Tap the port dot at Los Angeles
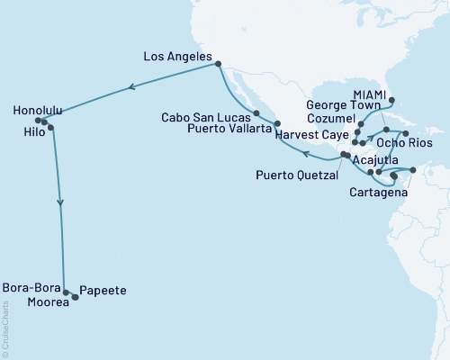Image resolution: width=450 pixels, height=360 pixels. [x=219, y=63]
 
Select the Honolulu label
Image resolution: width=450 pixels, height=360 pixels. [x=39, y=111]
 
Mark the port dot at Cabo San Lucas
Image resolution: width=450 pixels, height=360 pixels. [x=257, y=113]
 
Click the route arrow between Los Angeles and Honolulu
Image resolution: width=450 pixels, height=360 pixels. [x=132, y=87]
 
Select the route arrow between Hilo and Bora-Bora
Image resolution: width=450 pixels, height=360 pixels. [x=61, y=203]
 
